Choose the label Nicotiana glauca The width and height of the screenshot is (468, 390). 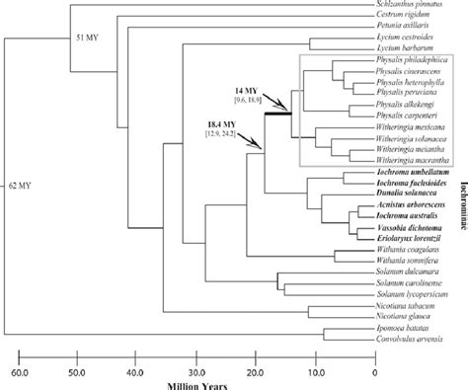pyautogui.click(x=399, y=316)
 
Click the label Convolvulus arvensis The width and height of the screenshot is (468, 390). pyautogui.click(x=403, y=341)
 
